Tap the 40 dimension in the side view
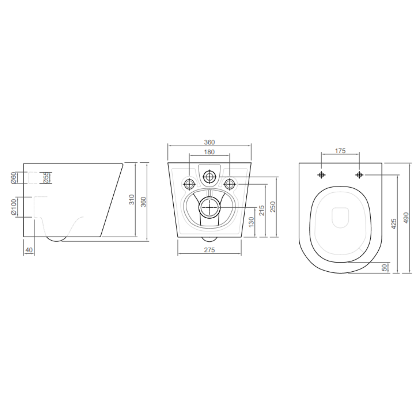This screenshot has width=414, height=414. click(x=29, y=250)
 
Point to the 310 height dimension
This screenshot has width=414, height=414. click(x=132, y=200)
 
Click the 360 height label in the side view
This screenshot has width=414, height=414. click(x=143, y=202)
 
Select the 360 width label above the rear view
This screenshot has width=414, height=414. click(x=209, y=142)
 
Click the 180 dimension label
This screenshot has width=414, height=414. click(x=209, y=152)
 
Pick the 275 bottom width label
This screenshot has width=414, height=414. click(x=209, y=250)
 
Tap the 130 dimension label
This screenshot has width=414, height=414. click(x=251, y=222)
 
